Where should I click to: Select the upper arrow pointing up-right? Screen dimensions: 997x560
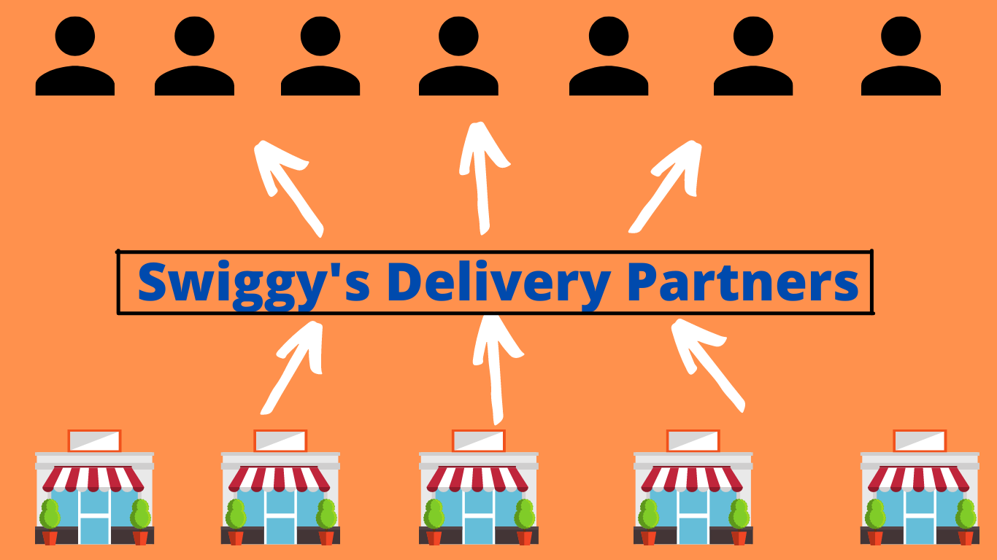(x=667, y=186)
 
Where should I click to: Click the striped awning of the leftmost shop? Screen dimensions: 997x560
(x=93, y=478)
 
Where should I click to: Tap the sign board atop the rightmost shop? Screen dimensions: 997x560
(x=920, y=440)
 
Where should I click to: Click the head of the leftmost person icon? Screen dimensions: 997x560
(x=75, y=35)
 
